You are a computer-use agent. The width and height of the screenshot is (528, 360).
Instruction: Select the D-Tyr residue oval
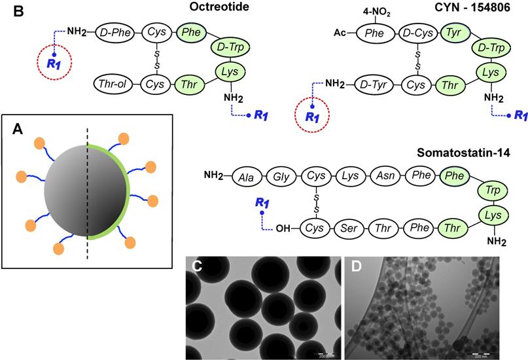point(374,84)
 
